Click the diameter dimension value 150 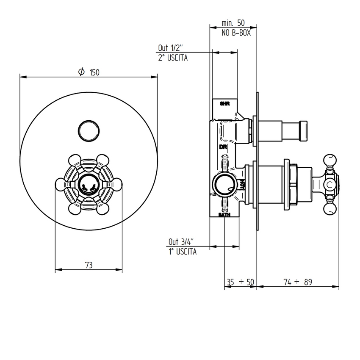94,72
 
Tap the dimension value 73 89,266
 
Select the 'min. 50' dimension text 233,23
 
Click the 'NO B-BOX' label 236,33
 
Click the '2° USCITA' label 173,58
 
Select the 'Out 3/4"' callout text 181,242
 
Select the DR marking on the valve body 224,147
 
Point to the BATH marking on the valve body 224,215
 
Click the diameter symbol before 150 81,72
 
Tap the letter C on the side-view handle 330,184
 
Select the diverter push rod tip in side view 304,130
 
